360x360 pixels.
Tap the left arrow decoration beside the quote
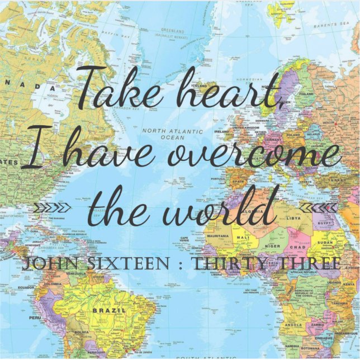53,208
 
